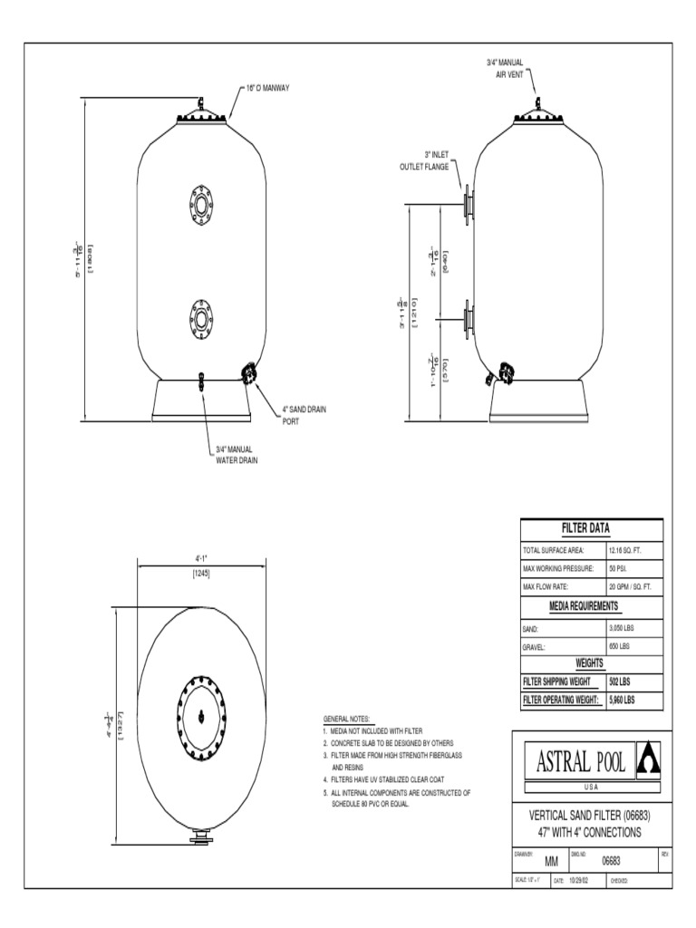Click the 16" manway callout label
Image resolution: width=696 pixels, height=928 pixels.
tap(267, 90)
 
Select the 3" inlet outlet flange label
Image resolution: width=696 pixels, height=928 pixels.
tap(424, 161)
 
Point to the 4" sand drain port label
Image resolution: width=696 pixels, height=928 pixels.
tap(304, 415)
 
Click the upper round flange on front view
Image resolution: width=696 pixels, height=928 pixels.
tap(200, 203)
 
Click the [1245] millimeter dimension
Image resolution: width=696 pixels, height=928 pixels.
tap(201, 573)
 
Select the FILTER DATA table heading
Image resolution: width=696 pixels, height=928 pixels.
tap(591, 528)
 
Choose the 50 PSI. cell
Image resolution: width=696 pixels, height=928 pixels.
tap(618, 568)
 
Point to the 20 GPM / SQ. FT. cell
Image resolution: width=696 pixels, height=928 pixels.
tap(630, 587)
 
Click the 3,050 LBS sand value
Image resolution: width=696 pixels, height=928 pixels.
tap(623, 626)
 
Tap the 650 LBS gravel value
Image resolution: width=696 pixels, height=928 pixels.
tap(619, 645)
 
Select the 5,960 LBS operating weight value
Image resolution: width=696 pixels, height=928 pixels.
tap(622, 700)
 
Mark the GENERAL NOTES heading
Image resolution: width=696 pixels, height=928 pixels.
tap(346, 718)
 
